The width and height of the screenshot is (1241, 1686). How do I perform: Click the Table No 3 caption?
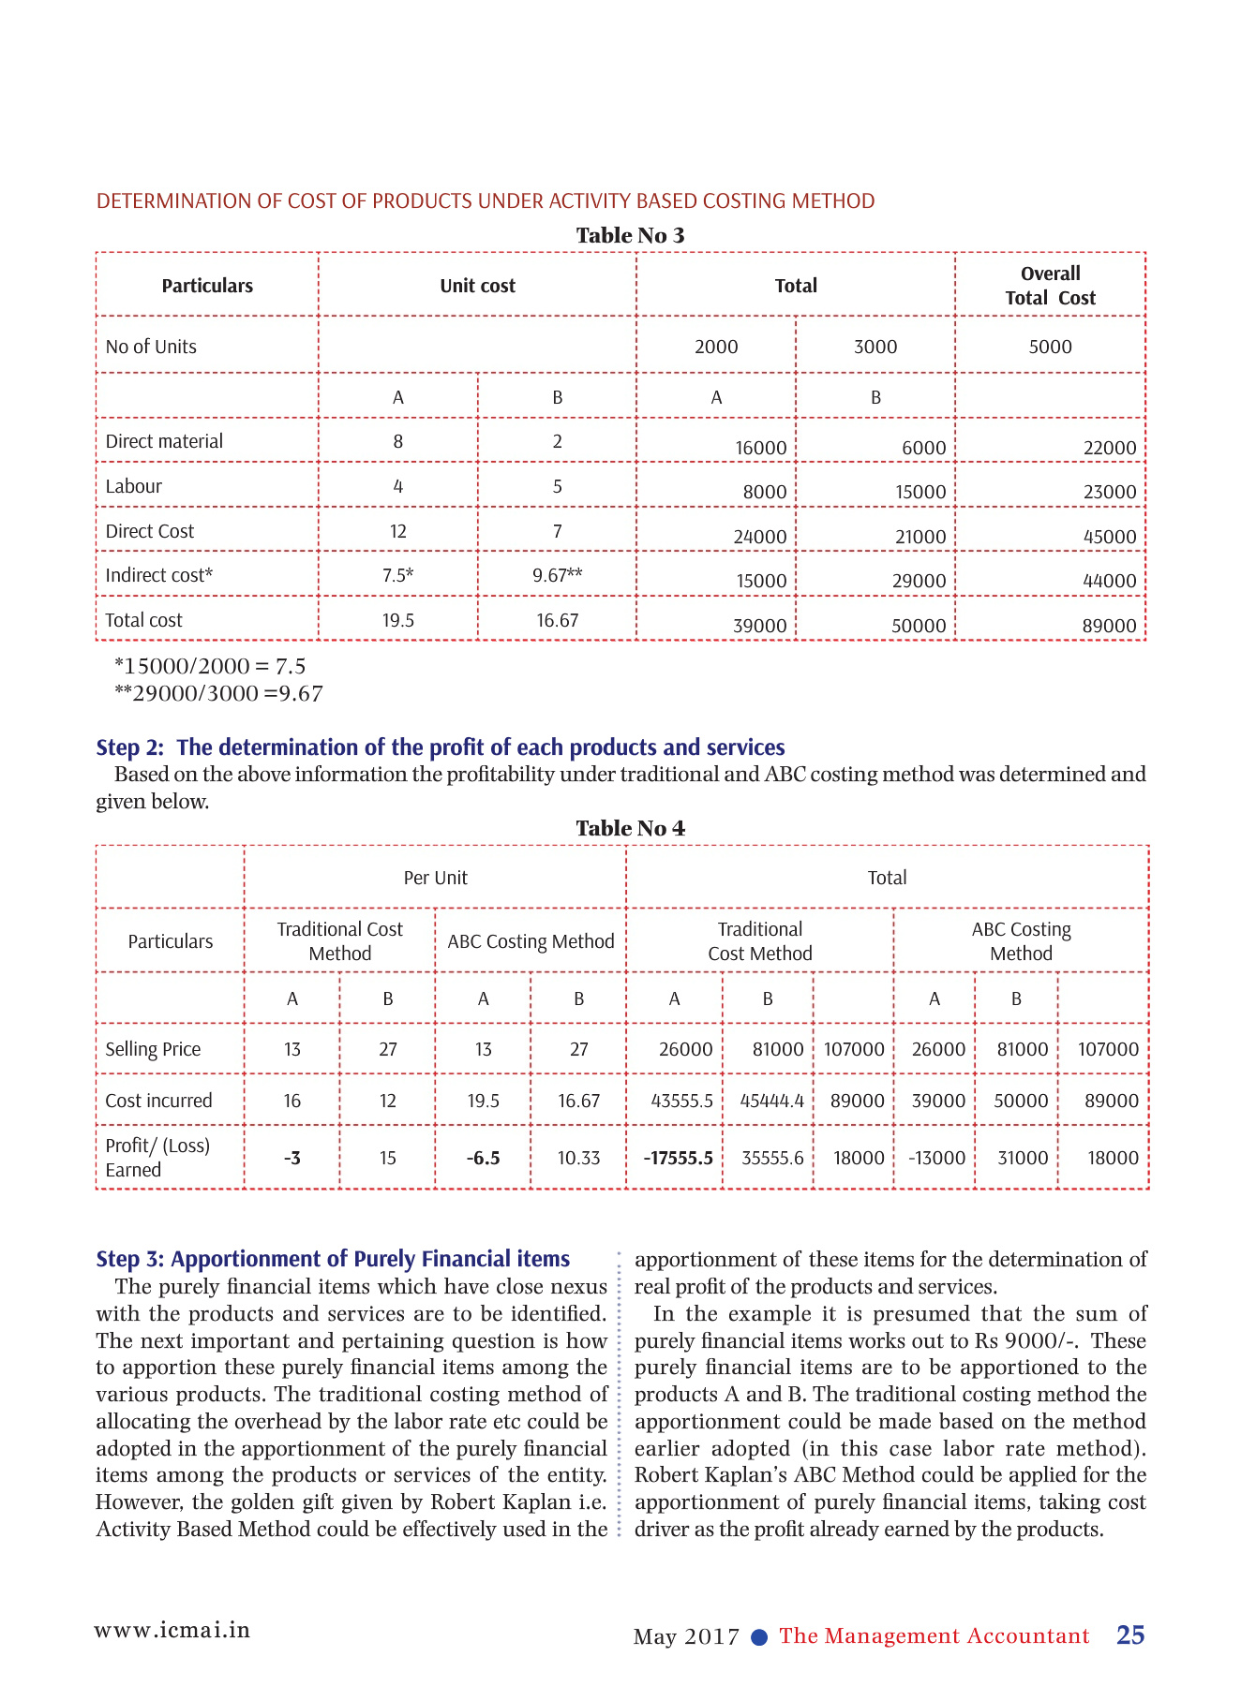(x=630, y=235)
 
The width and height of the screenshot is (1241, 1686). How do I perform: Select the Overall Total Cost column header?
(x=1050, y=286)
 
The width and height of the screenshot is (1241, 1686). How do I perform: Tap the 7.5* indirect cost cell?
(x=397, y=575)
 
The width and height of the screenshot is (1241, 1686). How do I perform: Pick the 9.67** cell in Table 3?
(x=557, y=575)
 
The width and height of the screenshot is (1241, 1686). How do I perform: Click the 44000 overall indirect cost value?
(x=1109, y=581)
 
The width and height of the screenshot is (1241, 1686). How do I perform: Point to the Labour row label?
(x=134, y=486)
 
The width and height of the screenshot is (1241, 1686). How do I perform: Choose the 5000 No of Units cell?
(x=1050, y=347)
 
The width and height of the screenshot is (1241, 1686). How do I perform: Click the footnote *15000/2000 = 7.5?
(x=210, y=666)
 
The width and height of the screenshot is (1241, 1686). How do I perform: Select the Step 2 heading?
(x=441, y=747)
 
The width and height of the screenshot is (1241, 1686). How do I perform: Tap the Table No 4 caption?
(x=630, y=828)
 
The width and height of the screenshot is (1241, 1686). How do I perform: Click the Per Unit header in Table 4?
(x=435, y=878)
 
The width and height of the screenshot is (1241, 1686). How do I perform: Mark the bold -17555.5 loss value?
(x=678, y=1158)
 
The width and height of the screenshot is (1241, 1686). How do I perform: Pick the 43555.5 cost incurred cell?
(x=681, y=1101)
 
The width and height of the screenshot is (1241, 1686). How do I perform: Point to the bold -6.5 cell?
(x=483, y=1158)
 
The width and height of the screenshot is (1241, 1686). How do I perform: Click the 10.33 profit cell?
(x=578, y=1158)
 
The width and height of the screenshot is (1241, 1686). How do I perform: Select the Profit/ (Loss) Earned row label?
(x=157, y=1158)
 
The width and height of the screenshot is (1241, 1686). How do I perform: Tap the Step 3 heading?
(x=333, y=1259)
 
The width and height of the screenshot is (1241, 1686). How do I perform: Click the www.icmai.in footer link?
(x=172, y=1630)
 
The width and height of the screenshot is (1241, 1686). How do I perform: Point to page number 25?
(x=1130, y=1634)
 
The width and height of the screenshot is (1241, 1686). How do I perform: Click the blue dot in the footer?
(x=760, y=1637)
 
